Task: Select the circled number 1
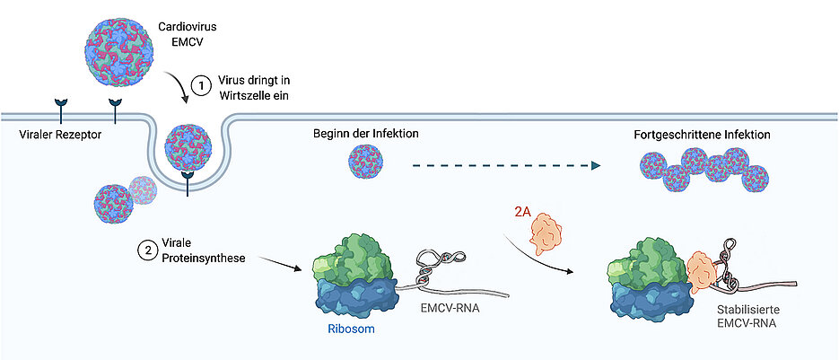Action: tap(203, 85)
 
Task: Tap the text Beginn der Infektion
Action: tap(365, 134)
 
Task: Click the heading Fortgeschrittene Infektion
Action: tap(700, 134)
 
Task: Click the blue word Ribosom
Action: tap(345, 329)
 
